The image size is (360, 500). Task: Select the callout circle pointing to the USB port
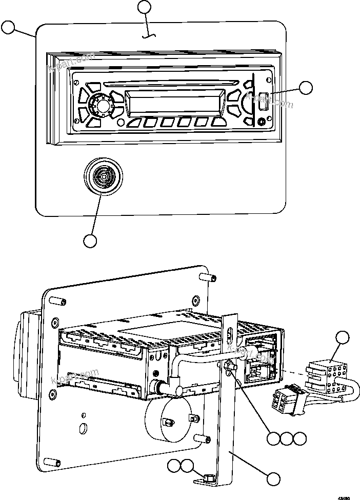coord(306,88)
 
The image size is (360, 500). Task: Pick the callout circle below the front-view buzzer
coord(90,241)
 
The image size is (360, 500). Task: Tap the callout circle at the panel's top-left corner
coord(9,28)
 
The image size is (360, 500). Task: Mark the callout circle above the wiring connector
coord(342,338)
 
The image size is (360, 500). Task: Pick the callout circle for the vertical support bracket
coord(274,478)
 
